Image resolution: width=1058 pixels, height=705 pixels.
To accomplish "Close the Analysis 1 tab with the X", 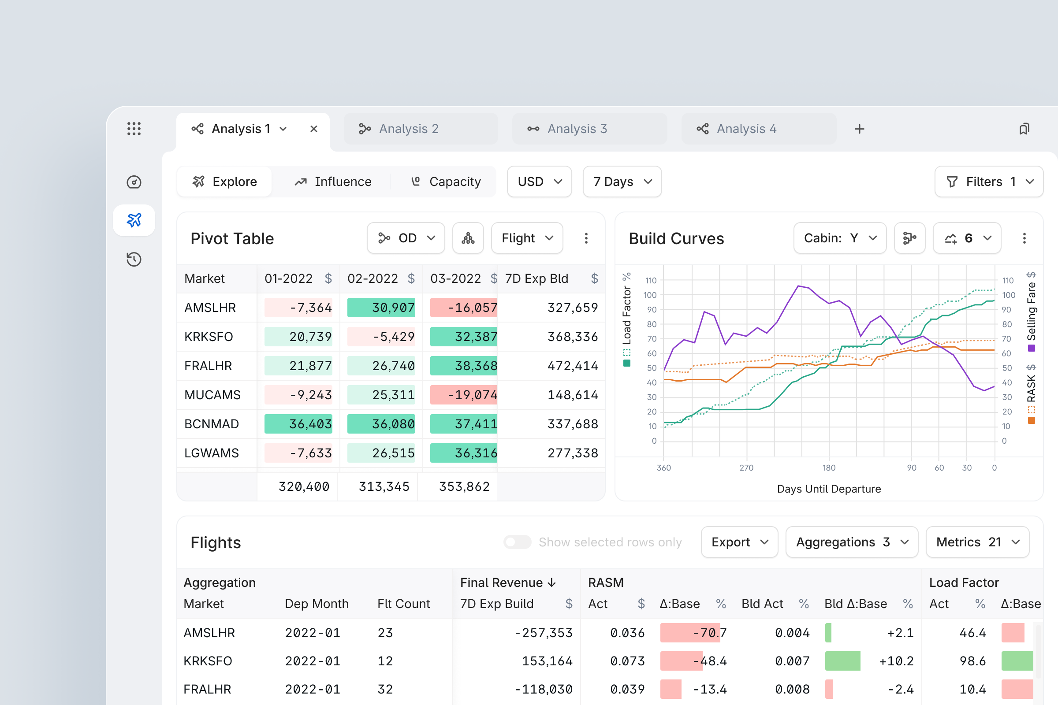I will tap(313, 129).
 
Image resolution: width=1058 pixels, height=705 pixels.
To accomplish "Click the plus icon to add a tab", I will tap(859, 129).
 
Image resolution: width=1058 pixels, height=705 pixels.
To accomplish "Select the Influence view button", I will tap(333, 182).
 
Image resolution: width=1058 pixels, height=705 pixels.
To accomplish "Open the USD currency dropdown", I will tap(539, 182).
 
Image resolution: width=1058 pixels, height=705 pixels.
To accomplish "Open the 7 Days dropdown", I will tap(622, 182).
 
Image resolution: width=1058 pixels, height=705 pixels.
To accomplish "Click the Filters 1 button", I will tap(988, 182).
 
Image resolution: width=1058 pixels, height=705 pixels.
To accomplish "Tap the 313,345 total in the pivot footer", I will tap(384, 486).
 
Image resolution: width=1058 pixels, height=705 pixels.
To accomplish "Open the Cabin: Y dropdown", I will tap(839, 238).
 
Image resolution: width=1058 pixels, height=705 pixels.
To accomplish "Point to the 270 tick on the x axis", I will tap(746, 468).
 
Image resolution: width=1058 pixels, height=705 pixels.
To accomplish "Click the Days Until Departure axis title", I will tap(829, 489).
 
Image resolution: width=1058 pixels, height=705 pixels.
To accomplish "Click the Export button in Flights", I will tap(739, 542).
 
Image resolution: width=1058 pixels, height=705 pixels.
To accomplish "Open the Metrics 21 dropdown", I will tap(977, 542).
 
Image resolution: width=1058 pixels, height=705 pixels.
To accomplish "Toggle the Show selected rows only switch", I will tap(517, 542).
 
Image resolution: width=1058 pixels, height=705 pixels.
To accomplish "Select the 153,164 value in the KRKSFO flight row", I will tap(547, 661).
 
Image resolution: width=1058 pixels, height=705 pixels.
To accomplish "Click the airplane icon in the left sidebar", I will tap(134, 220).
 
